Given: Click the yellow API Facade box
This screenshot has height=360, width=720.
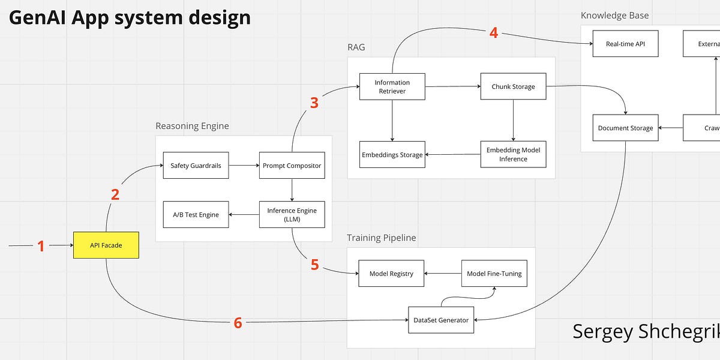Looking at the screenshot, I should click(x=106, y=245).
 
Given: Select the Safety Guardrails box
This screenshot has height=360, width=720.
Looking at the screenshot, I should click(x=196, y=165).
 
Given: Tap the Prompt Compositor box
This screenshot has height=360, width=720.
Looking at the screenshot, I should click(x=292, y=165).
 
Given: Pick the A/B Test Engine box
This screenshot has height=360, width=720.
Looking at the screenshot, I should click(x=196, y=214).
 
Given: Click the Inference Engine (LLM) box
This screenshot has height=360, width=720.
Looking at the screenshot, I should click(x=292, y=214).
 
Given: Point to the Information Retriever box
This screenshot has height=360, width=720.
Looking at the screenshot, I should click(x=392, y=86).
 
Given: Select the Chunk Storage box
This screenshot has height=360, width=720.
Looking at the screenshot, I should click(x=513, y=86).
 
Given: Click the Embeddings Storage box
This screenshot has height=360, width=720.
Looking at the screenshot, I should click(x=392, y=155).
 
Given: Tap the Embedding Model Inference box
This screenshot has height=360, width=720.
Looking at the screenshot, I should click(x=513, y=154).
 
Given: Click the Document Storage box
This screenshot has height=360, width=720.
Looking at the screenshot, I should click(x=625, y=128).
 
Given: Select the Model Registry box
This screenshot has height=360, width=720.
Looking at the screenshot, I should click(x=391, y=274).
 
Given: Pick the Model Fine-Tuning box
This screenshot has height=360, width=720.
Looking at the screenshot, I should click(x=494, y=274).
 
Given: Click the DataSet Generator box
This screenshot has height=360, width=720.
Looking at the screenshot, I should click(x=441, y=320).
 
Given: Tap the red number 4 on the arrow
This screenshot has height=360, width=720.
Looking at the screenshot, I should click(x=493, y=32).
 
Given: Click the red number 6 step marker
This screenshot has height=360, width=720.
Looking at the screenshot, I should click(x=238, y=323).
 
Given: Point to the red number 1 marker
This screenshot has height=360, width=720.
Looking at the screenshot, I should click(x=41, y=246).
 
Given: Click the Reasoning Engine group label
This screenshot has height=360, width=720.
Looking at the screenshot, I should click(x=192, y=126).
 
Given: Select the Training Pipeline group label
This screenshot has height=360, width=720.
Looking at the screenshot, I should click(x=381, y=238).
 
